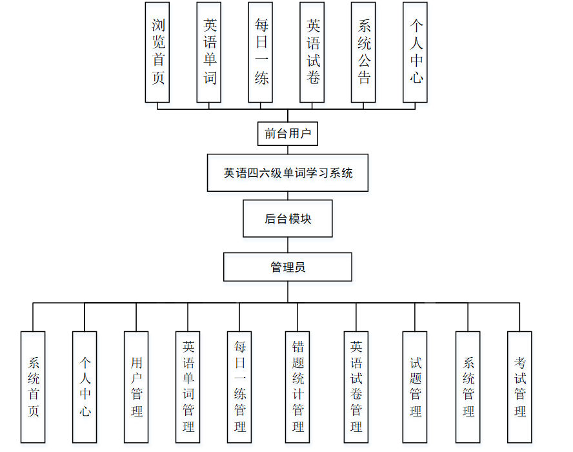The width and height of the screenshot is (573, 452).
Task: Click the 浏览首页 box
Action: click(x=157, y=52)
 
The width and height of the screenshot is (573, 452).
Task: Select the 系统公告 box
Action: click(x=363, y=52)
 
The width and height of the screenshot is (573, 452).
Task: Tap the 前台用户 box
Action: click(x=288, y=134)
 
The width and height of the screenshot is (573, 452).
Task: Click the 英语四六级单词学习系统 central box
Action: click(x=288, y=173)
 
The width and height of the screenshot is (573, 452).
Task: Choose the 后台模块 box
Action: click(x=288, y=219)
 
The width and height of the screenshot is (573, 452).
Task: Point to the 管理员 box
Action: click(x=288, y=267)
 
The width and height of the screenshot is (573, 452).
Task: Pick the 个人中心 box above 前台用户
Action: click(x=415, y=52)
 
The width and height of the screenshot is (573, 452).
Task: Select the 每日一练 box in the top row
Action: click(x=261, y=52)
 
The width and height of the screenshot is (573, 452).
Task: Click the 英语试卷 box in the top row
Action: click(x=312, y=52)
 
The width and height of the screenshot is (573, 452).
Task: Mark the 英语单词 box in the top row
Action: click(x=209, y=52)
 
